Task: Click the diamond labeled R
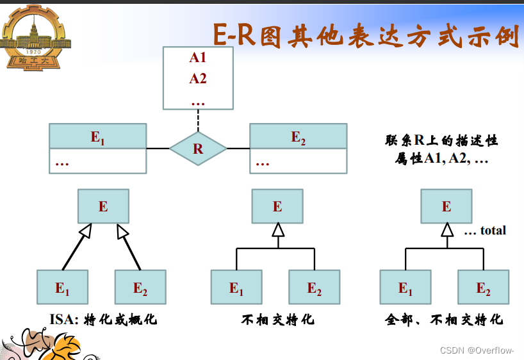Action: (198, 149)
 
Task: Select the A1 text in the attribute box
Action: (198, 58)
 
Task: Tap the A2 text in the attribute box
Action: (198, 79)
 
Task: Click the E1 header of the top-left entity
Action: (97, 136)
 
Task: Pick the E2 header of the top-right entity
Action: (298, 136)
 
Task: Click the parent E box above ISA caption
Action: (103, 206)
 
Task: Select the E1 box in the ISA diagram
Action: (62, 287)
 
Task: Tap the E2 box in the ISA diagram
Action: (140, 287)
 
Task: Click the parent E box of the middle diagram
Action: (277, 206)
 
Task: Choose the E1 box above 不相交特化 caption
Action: (236, 287)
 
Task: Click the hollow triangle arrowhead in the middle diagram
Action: (277, 229)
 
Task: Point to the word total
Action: (493, 231)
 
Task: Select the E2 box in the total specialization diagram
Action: (483, 287)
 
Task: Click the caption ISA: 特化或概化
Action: (103, 319)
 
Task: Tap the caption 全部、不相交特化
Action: (444, 319)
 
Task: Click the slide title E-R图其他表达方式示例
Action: (365, 35)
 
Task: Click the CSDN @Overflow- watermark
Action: (477, 350)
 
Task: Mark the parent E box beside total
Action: (446, 206)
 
